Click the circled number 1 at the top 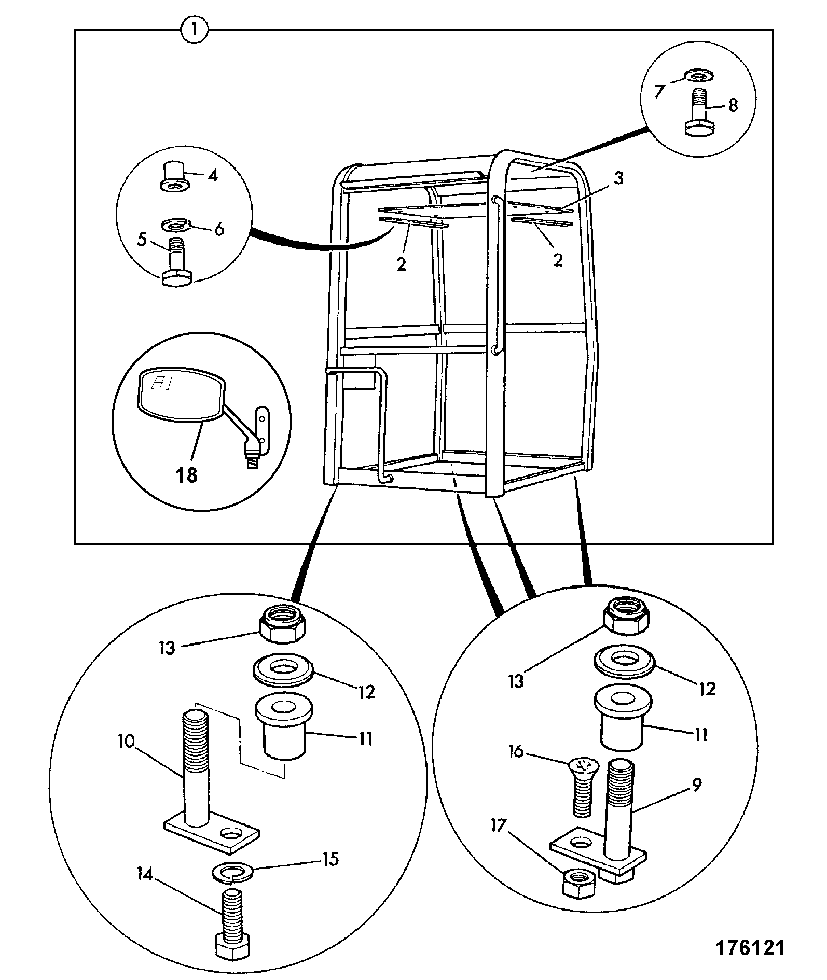pos(194,31)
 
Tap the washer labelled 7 pos(698,76)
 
